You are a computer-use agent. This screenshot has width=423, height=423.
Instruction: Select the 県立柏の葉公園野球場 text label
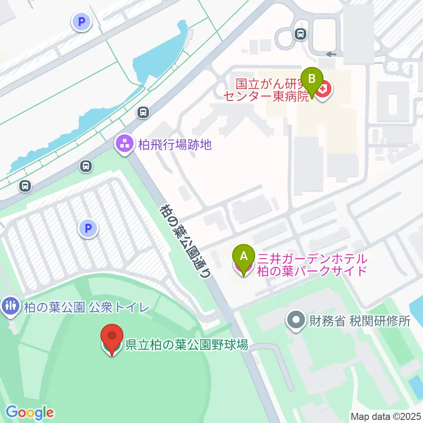coord(187,344)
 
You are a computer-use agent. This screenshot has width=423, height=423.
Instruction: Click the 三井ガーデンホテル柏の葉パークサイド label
coord(312,265)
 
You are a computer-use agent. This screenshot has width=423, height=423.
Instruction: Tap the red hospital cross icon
coord(324,90)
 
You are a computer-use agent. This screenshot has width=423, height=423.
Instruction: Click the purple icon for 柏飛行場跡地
coord(124,144)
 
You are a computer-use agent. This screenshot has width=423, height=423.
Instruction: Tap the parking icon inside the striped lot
coord(88,229)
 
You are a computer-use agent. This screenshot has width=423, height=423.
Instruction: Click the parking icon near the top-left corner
coord(82,22)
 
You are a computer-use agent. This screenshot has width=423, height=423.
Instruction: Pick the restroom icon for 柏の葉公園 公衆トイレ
coord(11,308)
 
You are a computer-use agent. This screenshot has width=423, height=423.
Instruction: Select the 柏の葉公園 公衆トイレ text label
coord(87,308)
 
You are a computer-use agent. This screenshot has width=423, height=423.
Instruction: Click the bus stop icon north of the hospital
coord(301,34)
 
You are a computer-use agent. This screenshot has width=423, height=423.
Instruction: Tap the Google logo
coord(30,412)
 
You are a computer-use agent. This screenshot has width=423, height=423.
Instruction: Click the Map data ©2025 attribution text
coord(386,416)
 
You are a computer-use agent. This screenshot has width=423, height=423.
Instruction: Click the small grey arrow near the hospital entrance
coord(330,54)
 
